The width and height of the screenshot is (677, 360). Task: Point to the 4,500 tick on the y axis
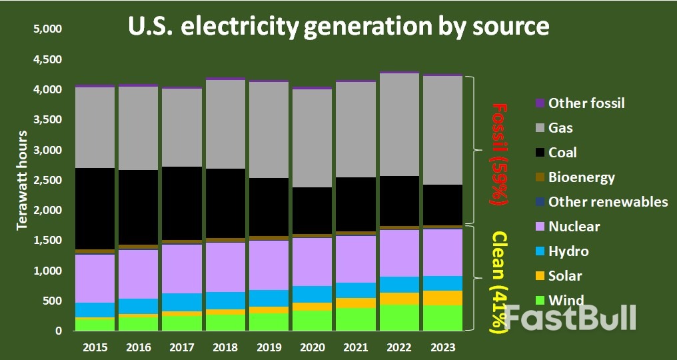[x=47, y=60]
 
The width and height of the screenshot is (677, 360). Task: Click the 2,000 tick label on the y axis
[x=47, y=211]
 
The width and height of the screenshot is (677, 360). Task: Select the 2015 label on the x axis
[x=95, y=347]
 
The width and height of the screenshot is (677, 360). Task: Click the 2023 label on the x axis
[x=442, y=347]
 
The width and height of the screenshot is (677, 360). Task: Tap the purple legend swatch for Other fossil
[x=540, y=103]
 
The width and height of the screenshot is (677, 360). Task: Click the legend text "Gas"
[x=560, y=128]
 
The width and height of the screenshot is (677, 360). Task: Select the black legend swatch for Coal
[x=540, y=153]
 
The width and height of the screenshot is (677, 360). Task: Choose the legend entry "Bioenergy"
[x=581, y=177]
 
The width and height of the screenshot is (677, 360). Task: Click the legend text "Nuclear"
[x=574, y=227]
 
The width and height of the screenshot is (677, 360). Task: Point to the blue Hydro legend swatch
[x=540, y=251]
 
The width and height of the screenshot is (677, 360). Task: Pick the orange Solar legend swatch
[x=540, y=276]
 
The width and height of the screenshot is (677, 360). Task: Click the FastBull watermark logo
[x=570, y=318]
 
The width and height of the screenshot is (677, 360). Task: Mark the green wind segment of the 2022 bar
[x=399, y=317]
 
